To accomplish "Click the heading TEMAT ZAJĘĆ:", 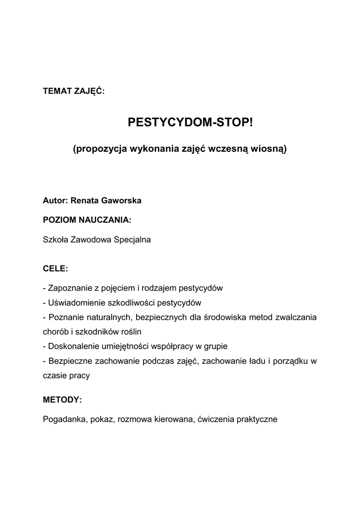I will [x=73, y=91].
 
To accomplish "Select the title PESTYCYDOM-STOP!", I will [x=190, y=122].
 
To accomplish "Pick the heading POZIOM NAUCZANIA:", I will [x=87, y=219].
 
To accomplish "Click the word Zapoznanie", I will [x=71, y=288].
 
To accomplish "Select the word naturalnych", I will [x=107, y=317].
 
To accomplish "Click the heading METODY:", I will [x=62, y=399].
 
